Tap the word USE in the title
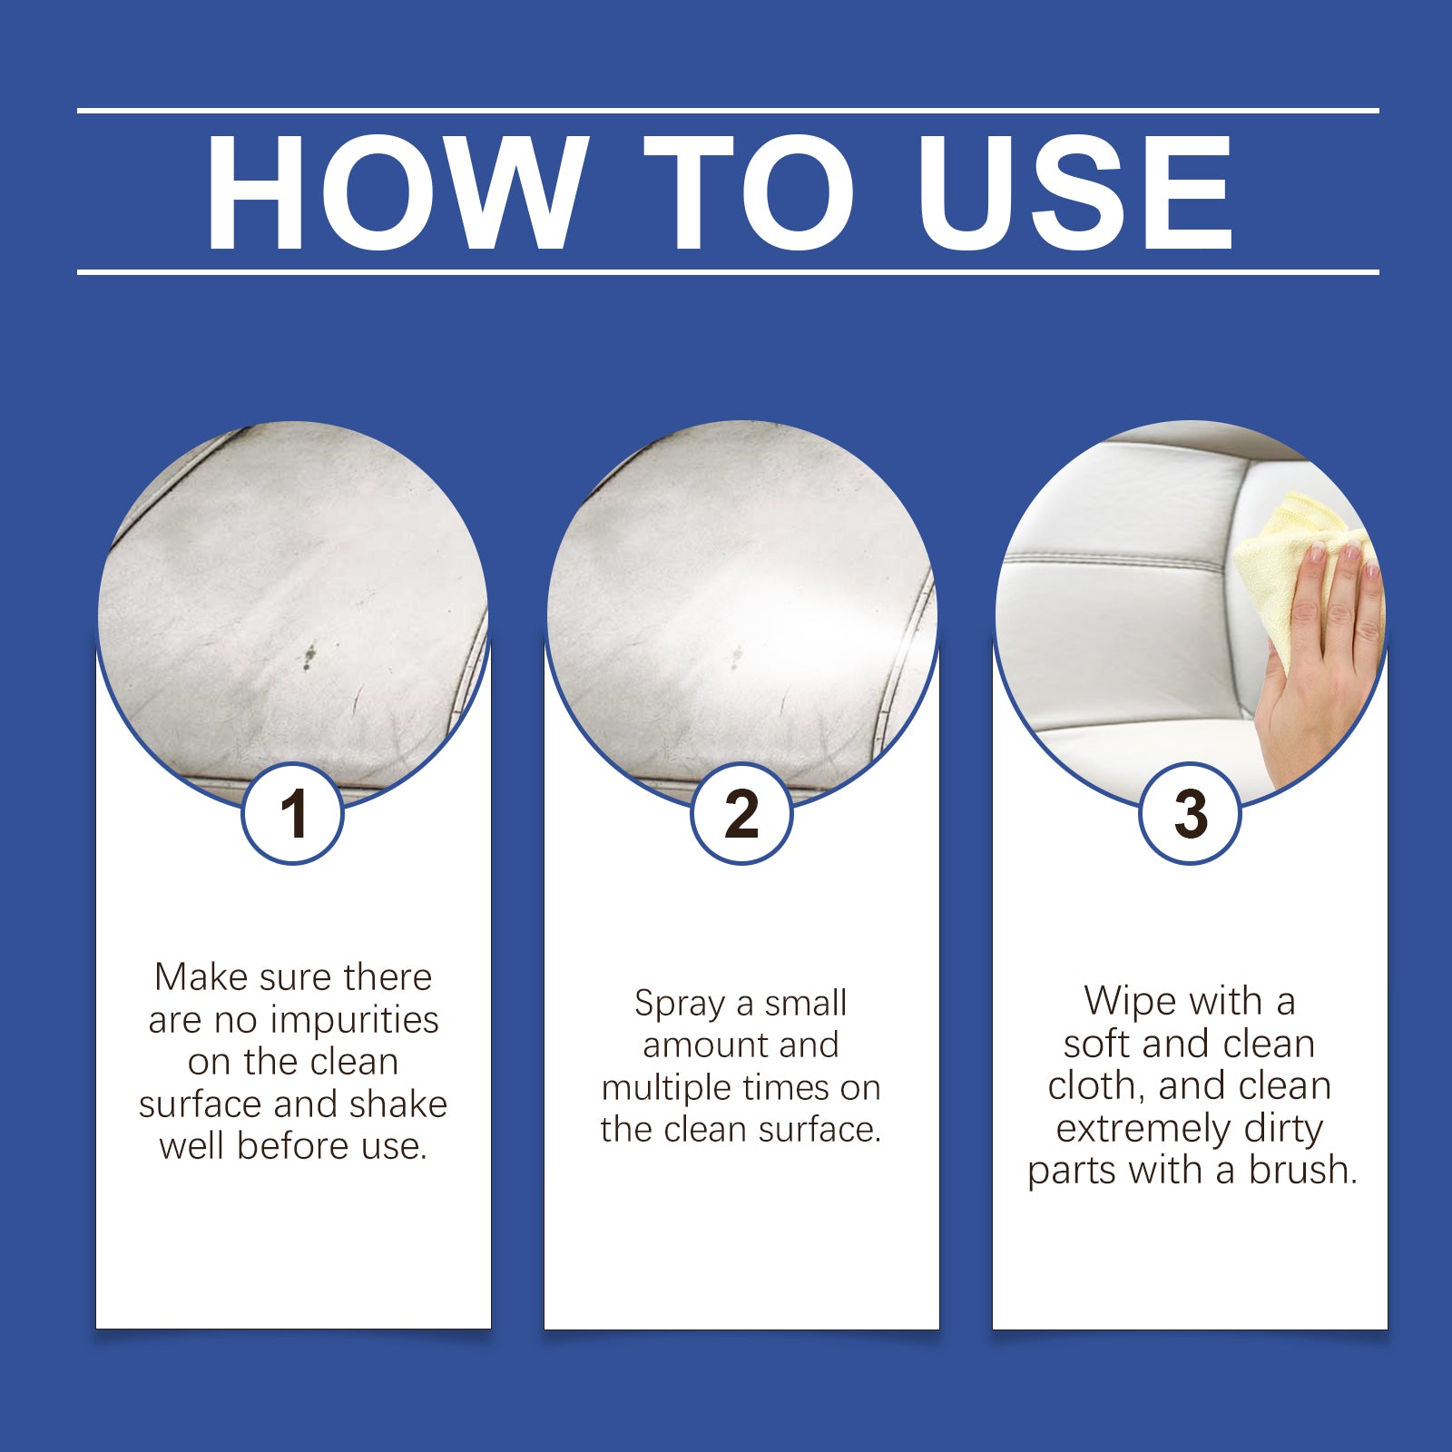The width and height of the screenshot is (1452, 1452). [x=1074, y=192]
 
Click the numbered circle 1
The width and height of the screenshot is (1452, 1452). [x=292, y=813]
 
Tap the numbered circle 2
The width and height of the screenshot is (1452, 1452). [x=741, y=813]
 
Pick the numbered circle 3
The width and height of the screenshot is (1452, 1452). [x=1190, y=813]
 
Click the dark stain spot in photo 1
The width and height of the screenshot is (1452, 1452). [x=309, y=654]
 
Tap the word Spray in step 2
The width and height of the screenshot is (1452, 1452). [x=679, y=1004]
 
